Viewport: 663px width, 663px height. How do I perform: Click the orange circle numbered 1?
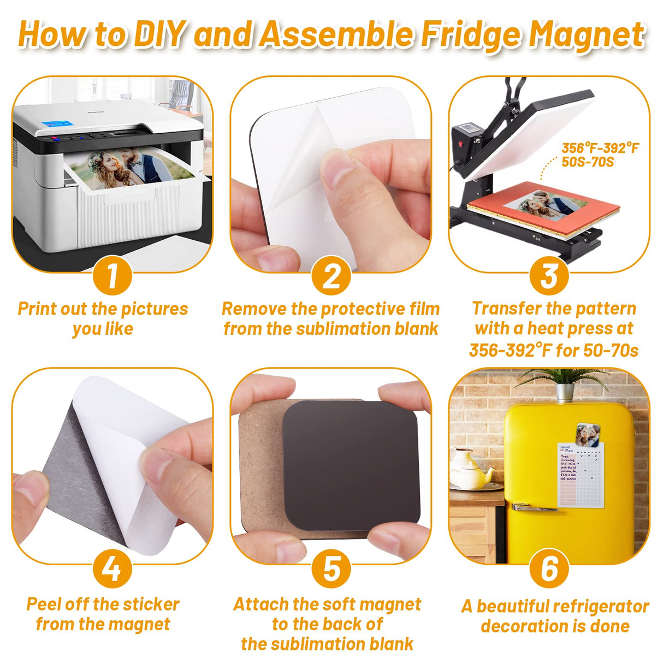pyautogui.click(x=112, y=275)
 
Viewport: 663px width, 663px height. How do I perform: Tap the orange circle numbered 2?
pyautogui.click(x=331, y=275)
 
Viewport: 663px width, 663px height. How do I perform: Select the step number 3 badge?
pyautogui.click(x=549, y=275)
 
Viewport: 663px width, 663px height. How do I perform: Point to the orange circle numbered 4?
pyautogui.click(x=112, y=569)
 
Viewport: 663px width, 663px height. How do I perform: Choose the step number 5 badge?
pyautogui.click(x=331, y=569)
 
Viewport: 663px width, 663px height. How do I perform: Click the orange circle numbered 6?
pyautogui.click(x=549, y=569)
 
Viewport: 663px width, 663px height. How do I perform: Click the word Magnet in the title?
pyautogui.click(x=587, y=35)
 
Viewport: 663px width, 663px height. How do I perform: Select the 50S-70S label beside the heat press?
pyautogui.click(x=588, y=162)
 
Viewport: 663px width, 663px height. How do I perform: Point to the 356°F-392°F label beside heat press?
pyautogui.click(x=600, y=148)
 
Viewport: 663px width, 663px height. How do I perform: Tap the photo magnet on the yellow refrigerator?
pyautogui.click(x=588, y=435)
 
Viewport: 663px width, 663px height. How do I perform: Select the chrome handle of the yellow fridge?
pyautogui.click(x=535, y=507)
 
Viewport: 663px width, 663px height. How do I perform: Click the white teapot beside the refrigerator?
pyautogui.click(x=470, y=470)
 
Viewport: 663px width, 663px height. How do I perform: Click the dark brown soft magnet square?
pyautogui.click(x=350, y=464)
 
